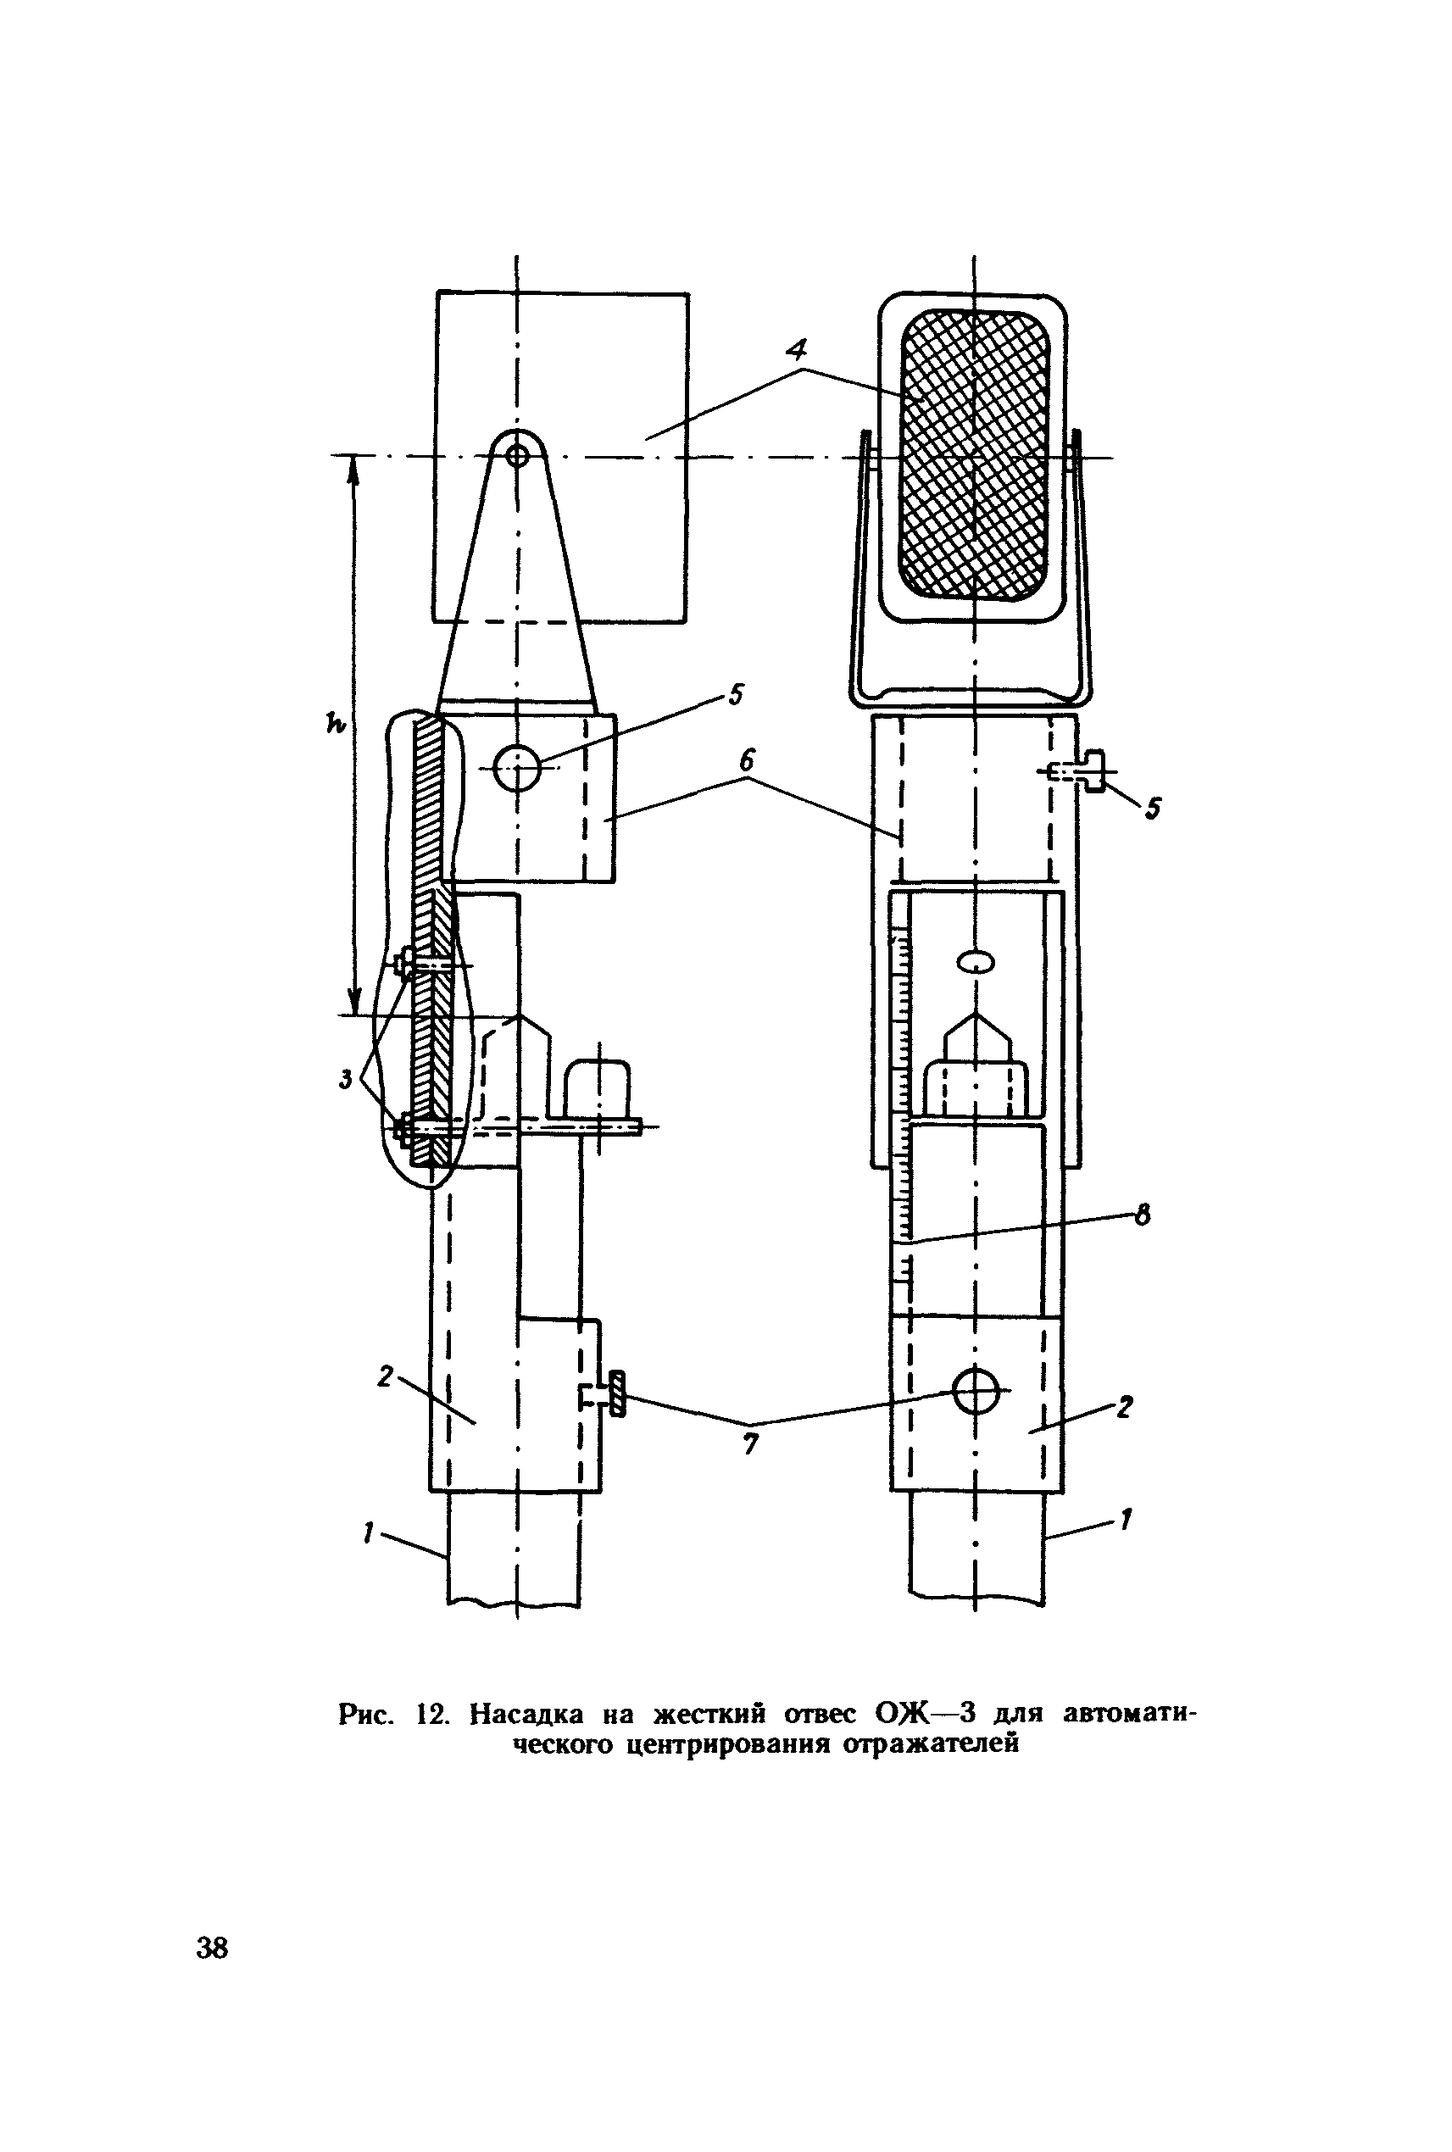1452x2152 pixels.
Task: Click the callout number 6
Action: click(x=748, y=761)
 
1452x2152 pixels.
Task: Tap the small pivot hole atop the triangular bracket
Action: click(x=517, y=454)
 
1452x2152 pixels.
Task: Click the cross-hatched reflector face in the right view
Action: click(x=974, y=453)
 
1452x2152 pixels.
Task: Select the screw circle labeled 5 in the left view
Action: click(x=517, y=768)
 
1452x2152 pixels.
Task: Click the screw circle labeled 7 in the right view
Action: click(x=976, y=1391)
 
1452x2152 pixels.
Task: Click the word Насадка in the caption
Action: click(x=527, y=1715)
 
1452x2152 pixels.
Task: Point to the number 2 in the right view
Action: click(x=1124, y=1409)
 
